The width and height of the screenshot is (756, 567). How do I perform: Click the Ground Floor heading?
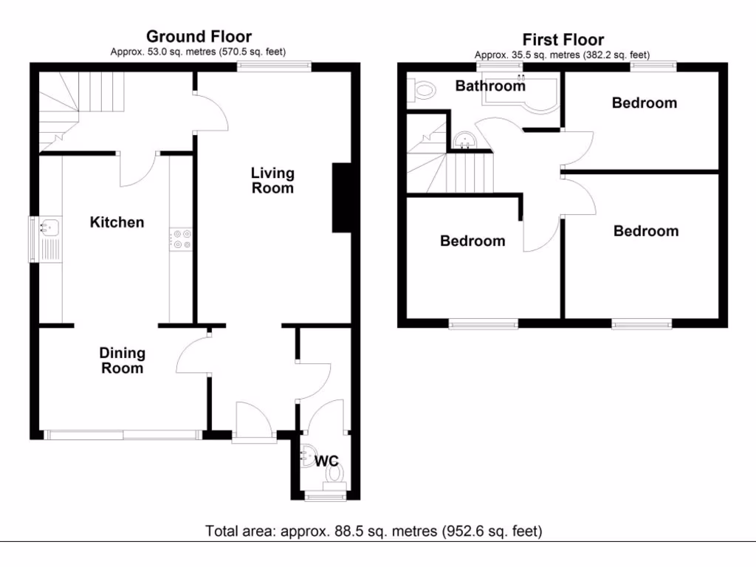(x=199, y=36)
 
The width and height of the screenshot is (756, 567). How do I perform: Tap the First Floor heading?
(x=563, y=40)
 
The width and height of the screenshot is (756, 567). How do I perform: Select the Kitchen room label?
(x=117, y=222)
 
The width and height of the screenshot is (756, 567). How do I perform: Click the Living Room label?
(x=272, y=180)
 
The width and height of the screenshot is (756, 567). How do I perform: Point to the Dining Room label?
(x=123, y=360)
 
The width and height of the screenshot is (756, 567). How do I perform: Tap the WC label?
(x=326, y=461)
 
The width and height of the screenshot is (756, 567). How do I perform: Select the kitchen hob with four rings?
(x=181, y=240)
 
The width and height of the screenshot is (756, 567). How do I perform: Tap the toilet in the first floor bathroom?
(x=422, y=91)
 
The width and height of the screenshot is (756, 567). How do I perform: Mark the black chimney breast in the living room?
(x=342, y=197)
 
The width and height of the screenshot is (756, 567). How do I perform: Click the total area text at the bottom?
(x=373, y=531)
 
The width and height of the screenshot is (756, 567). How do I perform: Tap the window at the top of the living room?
(x=274, y=66)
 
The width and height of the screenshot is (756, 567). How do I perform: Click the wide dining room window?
(x=123, y=435)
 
